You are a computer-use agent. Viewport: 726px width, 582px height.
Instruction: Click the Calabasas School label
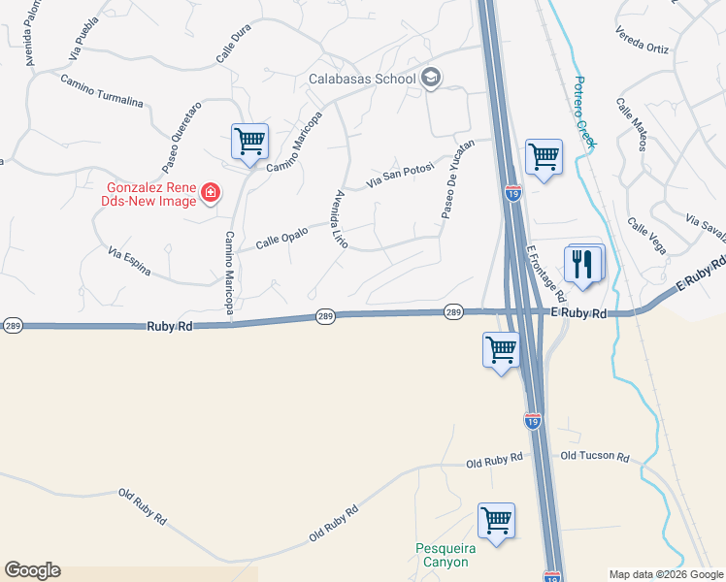[362, 79]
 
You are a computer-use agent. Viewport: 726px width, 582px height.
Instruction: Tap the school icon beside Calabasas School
[431, 79]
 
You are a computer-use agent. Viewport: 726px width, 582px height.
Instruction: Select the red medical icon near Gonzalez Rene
[209, 194]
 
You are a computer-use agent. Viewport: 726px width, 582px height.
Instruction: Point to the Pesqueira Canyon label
[442, 555]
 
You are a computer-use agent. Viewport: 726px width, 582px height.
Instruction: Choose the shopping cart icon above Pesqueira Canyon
[496, 520]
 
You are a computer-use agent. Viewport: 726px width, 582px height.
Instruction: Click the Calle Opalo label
[281, 238]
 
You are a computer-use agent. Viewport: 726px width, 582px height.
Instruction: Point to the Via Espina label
[130, 262]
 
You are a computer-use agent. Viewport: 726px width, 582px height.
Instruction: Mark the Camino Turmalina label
[101, 90]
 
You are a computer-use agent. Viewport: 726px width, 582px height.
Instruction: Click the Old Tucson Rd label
[595, 456]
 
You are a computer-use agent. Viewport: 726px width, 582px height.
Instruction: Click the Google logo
[32, 570]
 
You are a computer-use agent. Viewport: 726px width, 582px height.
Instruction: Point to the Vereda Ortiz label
[643, 40]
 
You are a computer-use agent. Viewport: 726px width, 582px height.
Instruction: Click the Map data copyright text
[665, 574]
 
